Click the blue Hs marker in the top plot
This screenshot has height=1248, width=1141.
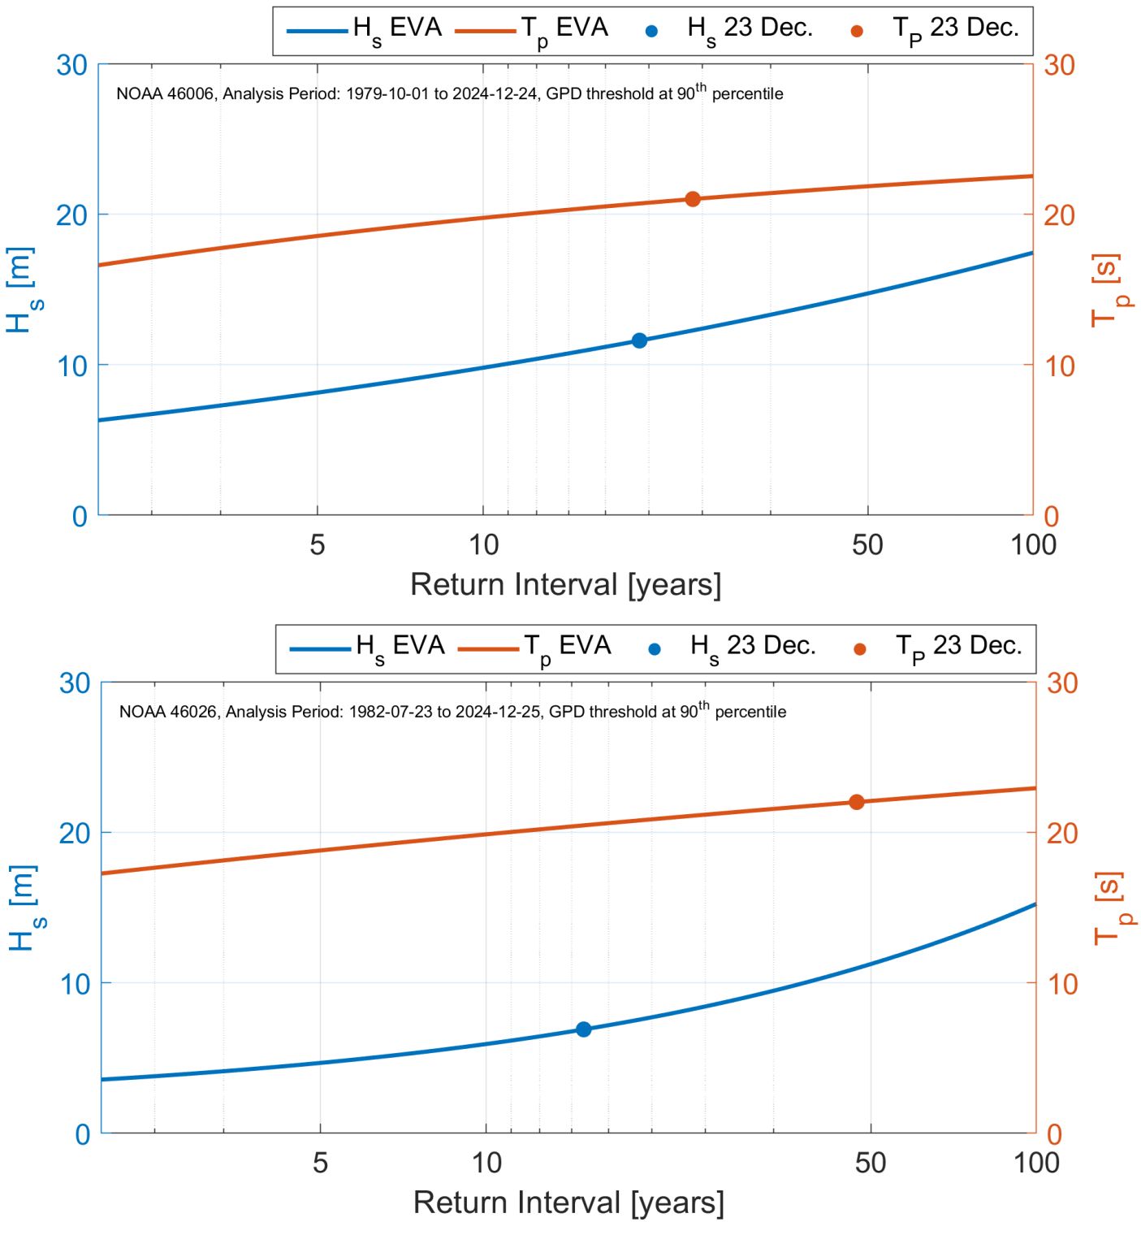click(x=639, y=340)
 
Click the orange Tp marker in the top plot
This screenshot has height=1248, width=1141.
click(x=693, y=199)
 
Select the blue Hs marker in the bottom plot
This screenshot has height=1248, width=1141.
click(x=583, y=1029)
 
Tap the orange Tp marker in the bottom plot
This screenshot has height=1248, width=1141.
click(x=856, y=802)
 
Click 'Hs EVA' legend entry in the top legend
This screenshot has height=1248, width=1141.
click(x=365, y=30)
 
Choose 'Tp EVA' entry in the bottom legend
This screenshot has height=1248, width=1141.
click(x=534, y=648)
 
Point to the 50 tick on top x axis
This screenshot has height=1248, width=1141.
click(x=867, y=544)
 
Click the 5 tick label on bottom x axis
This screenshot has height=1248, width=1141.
click(x=320, y=1163)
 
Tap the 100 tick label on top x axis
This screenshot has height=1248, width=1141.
click(x=1032, y=544)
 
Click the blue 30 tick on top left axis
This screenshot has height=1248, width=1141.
click(x=71, y=65)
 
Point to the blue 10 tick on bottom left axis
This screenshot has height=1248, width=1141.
click(x=74, y=984)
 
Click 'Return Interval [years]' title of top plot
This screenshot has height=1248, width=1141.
click(x=565, y=585)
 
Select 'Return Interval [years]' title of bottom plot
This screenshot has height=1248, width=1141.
click(x=568, y=1202)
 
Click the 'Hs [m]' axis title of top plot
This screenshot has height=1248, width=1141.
click(x=22, y=290)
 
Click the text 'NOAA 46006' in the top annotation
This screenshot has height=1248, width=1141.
click(x=165, y=94)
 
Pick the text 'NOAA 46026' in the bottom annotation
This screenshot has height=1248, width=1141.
click(x=168, y=712)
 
